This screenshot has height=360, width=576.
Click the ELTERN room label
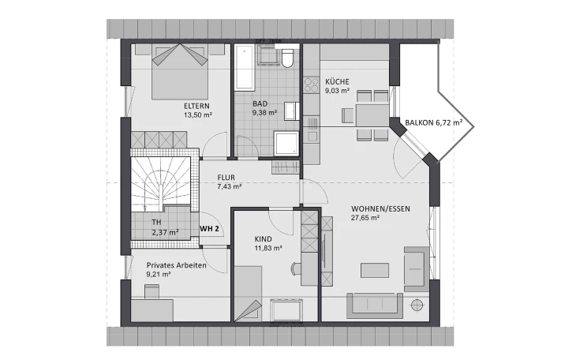click(196, 106)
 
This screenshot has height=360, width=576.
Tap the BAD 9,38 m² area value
click(264, 113)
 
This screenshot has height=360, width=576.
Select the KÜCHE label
click(337, 81)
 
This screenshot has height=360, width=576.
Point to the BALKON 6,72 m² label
click(433, 123)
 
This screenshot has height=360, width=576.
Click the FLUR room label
click(226, 178)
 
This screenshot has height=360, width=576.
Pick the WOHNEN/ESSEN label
click(380, 208)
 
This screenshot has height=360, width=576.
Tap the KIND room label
click(263, 239)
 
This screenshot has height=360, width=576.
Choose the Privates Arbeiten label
click(176, 265)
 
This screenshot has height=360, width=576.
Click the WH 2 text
click(209, 229)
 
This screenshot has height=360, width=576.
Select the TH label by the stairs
click(156, 223)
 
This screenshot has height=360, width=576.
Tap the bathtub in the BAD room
click(245, 68)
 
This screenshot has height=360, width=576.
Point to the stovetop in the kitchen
click(312, 85)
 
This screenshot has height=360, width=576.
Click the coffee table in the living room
click(375, 270)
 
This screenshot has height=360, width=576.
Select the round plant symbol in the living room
click(417, 306)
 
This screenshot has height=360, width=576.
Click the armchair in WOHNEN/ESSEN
click(416, 268)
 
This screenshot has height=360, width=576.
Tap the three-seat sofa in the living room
click(375, 306)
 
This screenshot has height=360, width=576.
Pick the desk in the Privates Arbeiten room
click(152, 311)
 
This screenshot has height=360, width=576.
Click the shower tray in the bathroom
click(286, 144)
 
